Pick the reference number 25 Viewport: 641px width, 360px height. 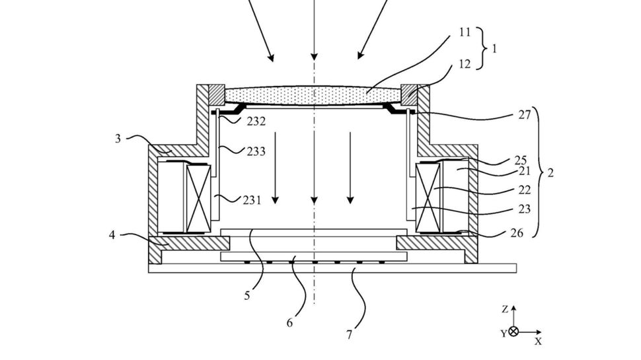pos(521,161)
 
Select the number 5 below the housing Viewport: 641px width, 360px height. pos(246,296)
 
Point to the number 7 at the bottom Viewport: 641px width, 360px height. pos(349,334)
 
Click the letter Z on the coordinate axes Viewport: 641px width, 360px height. pos(504,309)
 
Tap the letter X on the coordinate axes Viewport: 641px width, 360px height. pos(538,342)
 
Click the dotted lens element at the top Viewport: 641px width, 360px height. pos(314,96)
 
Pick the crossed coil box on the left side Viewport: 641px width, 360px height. pos(197,198)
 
